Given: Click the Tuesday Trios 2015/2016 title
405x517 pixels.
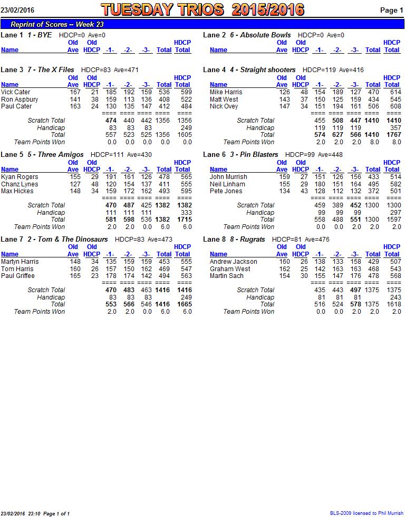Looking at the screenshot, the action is (202, 9).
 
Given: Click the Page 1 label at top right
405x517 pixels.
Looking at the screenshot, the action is (392, 10).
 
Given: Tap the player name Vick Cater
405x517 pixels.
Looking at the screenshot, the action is (15, 92).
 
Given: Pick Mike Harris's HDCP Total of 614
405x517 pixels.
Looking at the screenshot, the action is (395, 92).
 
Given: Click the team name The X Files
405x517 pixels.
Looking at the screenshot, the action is (56, 69).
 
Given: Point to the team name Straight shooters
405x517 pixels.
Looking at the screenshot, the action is (267, 69).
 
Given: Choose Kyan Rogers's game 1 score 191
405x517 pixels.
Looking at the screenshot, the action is (111, 177).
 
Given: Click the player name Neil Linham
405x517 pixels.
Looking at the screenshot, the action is (227, 184).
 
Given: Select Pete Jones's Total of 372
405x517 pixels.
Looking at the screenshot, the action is (373, 191).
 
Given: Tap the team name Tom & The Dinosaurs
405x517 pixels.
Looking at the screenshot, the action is (73, 240).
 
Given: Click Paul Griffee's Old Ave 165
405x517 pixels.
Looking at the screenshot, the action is (75, 276).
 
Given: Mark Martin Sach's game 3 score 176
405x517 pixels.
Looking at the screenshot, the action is (355, 276).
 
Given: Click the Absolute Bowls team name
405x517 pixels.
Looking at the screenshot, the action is (265, 35).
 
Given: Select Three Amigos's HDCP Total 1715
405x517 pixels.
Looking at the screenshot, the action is (185, 219).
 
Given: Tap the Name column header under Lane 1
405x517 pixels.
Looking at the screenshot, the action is (9, 50).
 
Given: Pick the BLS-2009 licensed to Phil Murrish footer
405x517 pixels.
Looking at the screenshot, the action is (367, 513).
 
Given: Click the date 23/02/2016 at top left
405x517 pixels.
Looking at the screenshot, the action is (17, 10).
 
